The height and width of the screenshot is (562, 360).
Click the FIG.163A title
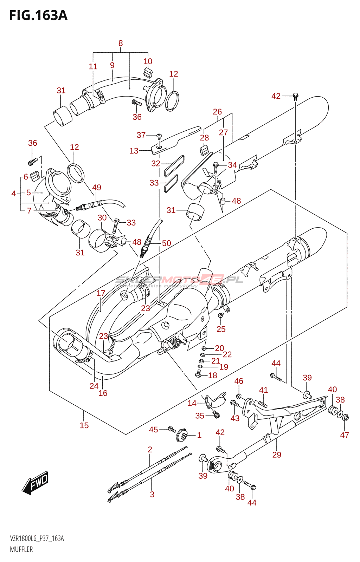click(38, 15)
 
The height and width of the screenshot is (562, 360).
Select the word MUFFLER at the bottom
click(21, 549)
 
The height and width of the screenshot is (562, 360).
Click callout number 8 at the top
click(121, 43)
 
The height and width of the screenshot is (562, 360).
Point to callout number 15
click(84, 425)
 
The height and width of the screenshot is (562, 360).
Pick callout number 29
click(277, 455)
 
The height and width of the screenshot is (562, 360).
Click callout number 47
click(345, 435)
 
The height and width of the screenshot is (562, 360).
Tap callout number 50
click(166, 243)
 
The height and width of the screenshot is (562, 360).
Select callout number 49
click(97, 188)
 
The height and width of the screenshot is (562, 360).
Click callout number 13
click(134, 151)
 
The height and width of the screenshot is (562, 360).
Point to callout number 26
click(217, 112)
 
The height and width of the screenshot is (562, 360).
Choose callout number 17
click(101, 293)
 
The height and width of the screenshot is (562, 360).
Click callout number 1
click(199, 435)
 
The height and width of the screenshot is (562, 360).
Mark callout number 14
click(192, 403)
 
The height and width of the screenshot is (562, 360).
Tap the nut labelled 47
click(346, 417)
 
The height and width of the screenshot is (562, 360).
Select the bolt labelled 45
click(172, 429)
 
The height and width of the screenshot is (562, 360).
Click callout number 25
click(221, 329)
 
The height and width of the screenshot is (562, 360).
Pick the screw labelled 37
click(159, 135)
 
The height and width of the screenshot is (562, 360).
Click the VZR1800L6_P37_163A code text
click(37, 539)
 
